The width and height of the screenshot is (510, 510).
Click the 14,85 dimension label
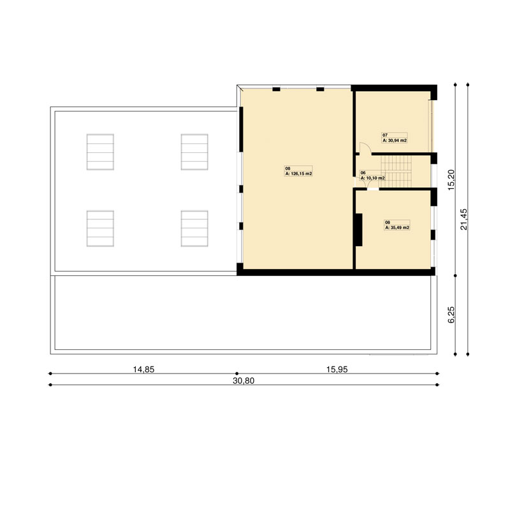coord(143,370)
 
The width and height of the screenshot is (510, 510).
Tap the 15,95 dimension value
coord(337,370)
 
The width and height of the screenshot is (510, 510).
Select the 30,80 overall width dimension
coord(244,381)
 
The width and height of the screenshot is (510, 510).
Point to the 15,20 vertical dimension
coord(451,180)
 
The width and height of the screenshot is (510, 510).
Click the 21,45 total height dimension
coord(464,219)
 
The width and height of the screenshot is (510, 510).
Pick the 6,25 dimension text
coord(451,315)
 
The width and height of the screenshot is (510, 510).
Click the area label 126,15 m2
coord(298,173)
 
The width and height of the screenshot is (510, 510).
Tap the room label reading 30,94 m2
coord(395,140)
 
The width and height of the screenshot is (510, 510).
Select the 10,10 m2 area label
coord(373,178)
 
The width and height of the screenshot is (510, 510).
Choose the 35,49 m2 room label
coord(397,228)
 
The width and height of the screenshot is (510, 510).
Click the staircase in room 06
coord(396,171)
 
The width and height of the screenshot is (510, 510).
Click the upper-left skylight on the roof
coord(100,152)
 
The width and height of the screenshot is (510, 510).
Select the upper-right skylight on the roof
coord(194,152)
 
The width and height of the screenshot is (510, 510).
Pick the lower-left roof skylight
coord(100,229)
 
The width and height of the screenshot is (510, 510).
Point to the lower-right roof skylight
coord(194,229)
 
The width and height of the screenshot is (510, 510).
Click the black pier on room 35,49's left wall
coord(358,229)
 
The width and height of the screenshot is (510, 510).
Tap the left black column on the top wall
coord(276,89)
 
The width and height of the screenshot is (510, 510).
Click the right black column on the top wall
coord(321,89)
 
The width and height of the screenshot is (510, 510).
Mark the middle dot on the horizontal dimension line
coord(237,374)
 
